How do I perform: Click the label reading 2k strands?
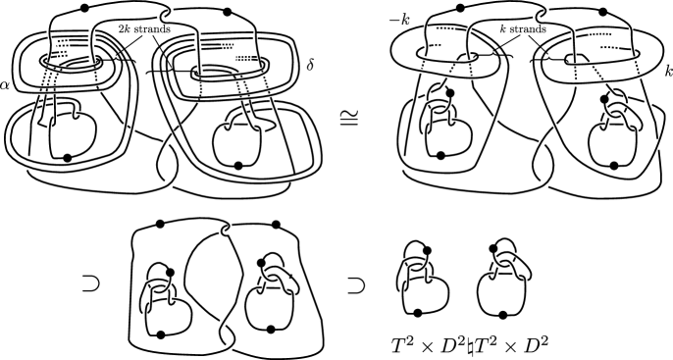144,29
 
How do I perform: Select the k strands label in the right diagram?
523,29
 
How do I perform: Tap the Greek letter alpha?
5,84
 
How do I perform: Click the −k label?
399,20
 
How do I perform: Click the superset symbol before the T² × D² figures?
355,285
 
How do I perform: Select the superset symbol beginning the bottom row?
90,284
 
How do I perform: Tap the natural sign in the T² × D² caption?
471,344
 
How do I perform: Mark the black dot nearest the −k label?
460,8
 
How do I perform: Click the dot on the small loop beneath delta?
238,165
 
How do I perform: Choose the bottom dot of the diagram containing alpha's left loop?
67,158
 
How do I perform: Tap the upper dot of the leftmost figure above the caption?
426,250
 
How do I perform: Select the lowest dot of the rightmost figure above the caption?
502,315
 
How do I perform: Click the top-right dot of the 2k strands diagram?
228,12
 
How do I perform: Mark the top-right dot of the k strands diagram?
602,12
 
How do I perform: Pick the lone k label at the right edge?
669,72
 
